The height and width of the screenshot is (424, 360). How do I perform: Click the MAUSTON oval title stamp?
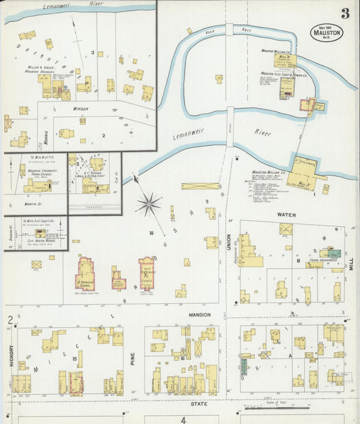328,32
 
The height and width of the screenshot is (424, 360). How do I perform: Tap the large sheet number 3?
344,14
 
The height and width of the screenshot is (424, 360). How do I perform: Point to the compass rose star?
149,202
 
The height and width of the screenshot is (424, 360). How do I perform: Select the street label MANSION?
200,315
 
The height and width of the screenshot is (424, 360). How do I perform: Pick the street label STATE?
199,404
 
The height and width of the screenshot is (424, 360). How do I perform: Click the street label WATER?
288,215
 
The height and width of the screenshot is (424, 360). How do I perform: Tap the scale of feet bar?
270,408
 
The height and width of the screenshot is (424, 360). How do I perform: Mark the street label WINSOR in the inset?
80,108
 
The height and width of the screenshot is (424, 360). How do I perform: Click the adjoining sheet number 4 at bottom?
182,419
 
